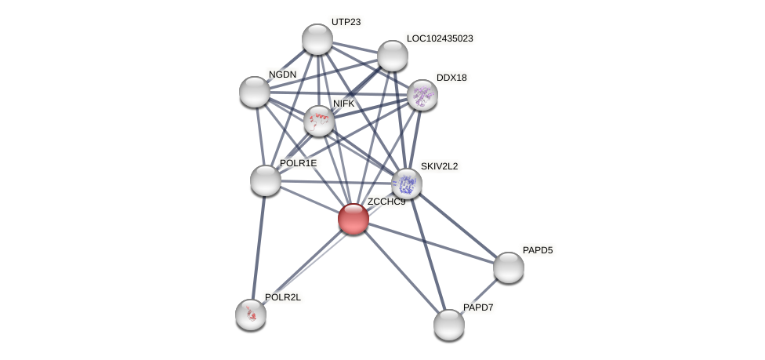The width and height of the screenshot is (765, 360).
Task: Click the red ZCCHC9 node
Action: pos(353,219)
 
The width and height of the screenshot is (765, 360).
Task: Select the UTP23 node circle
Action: pos(317,39)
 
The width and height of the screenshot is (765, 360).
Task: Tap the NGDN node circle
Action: pos(255,92)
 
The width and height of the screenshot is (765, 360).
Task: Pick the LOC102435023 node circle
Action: pos(393,56)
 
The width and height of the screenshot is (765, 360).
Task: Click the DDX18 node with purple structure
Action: pos(422,95)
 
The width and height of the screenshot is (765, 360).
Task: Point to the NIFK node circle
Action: pos(319,121)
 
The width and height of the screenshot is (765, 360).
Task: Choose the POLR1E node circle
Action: pos(266,180)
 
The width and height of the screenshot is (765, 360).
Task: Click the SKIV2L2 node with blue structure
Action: pos(407,184)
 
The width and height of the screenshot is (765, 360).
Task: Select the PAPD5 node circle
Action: pos(509,267)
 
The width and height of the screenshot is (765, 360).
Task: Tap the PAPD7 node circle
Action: pos(449,324)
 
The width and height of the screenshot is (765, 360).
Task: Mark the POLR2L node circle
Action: pos(251,315)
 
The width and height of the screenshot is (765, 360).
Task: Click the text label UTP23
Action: pos(346,22)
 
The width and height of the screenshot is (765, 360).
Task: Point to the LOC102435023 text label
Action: pos(440,38)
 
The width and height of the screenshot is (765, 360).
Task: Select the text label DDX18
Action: pos(451,78)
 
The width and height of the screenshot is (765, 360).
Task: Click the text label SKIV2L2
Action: pos(439,166)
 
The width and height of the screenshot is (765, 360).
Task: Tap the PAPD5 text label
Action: pos(538,250)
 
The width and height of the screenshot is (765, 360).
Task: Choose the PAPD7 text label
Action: pos(478,307)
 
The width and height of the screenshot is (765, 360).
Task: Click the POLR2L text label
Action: pos(283,297)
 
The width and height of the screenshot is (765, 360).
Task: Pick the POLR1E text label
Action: pos(298,163)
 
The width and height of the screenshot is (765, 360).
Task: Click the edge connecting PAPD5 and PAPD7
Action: pos(479,296)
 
